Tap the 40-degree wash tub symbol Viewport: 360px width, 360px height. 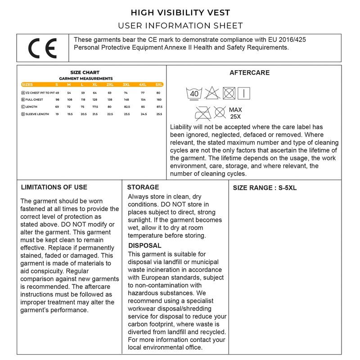[194, 94]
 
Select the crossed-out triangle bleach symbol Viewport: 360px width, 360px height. [211, 94]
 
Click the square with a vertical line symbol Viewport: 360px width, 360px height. [243, 94]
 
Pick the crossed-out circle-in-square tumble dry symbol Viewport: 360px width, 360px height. [229, 94]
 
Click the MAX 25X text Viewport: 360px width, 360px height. [235, 113]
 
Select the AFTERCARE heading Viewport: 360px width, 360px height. [249, 72]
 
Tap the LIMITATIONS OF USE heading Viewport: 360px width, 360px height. [54, 187]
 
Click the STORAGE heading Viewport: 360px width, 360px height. [143, 187]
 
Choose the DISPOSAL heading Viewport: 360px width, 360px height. [145, 246]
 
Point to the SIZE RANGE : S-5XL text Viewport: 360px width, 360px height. [265, 188]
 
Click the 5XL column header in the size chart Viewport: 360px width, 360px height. [159, 84]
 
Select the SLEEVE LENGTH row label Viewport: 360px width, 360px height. [37, 114]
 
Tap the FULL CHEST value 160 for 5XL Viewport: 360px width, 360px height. [159, 99]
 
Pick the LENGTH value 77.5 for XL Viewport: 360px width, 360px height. [94, 107]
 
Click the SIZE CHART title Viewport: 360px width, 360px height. [85, 72]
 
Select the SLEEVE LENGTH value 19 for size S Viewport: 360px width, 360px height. [57, 114]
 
